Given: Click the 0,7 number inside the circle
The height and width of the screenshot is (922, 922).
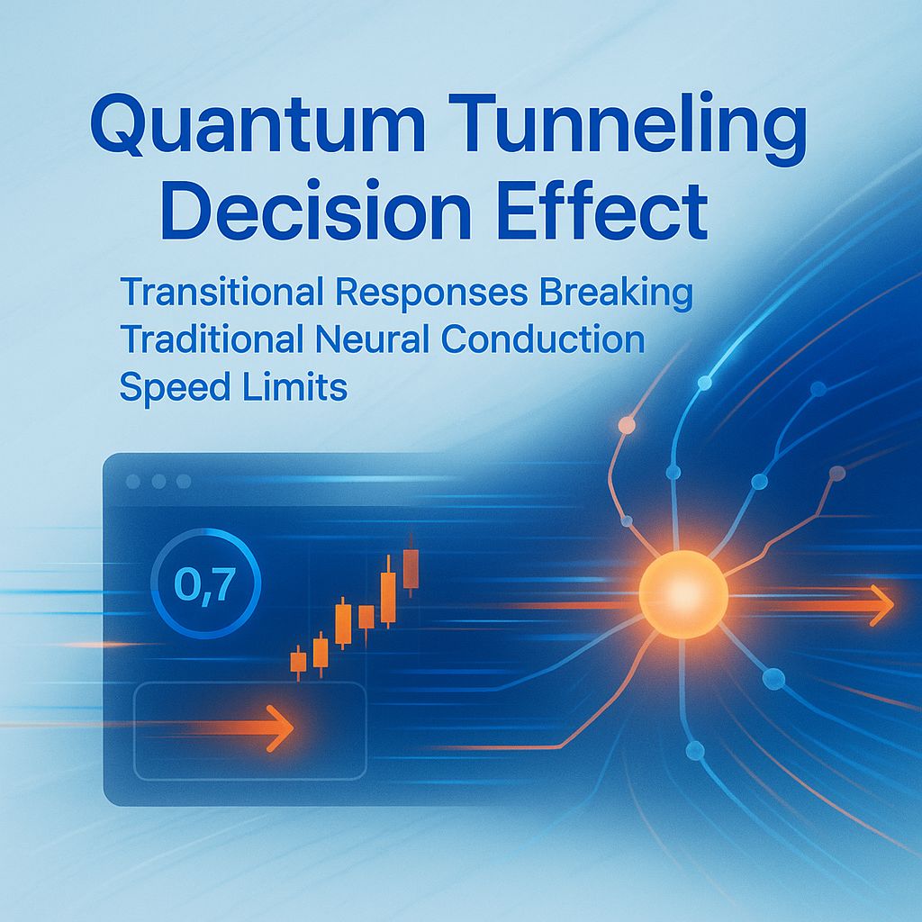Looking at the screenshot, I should [x=206, y=585].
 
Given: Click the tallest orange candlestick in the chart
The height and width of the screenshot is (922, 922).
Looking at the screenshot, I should [x=389, y=596].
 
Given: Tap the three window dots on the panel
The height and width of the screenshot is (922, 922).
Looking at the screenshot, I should [x=158, y=482].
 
